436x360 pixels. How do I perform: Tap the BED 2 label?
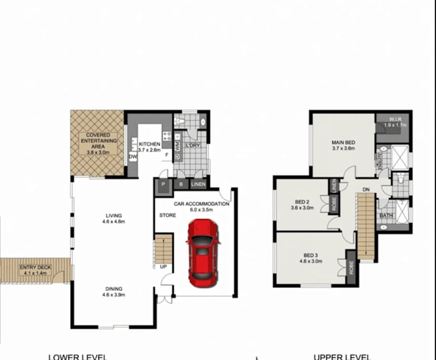click(302, 204)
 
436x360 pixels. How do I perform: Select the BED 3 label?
click(310, 257)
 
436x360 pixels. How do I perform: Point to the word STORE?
click(167, 215)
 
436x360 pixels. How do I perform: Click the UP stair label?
click(163, 266)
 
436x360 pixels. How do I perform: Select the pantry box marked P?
click(163, 184)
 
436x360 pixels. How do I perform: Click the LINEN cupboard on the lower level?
click(198, 184)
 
